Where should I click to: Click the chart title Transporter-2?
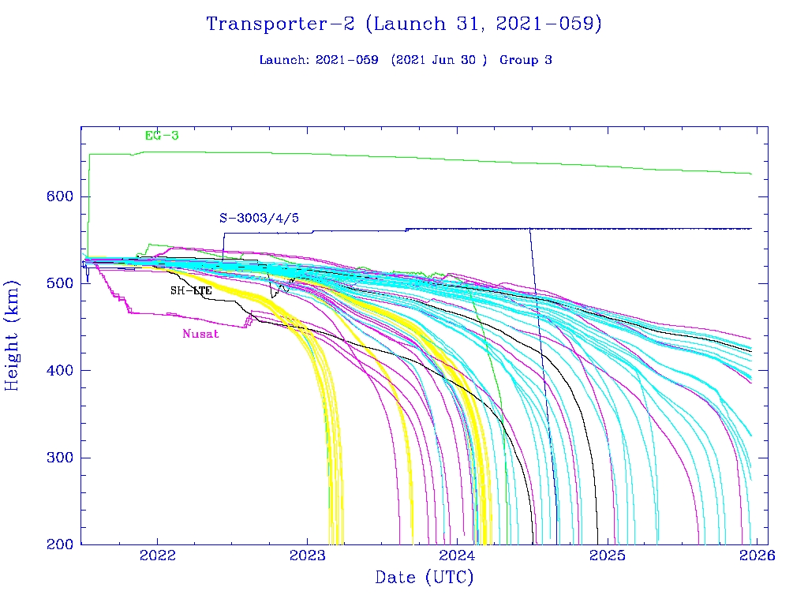(x=403, y=24)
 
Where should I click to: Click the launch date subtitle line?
(x=405, y=60)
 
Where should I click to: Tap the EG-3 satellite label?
(x=162, y=136)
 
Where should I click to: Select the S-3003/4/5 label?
(x=259, y=219)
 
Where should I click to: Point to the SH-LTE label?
(x=191, y=291)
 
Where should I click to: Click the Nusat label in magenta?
(x=200, y=334)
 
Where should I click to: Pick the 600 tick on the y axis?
(x=59, y=196)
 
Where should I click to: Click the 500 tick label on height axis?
(x=59, y=283)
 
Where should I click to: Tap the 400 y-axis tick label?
(x=59, y=371)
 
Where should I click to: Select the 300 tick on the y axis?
(x=59, y=458)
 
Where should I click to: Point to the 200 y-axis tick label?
(x=59, y=544)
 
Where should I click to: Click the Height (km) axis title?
(x=13, y=335)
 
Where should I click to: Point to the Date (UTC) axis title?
(x=425, y=578)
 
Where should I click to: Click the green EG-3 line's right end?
(x=750, y=174)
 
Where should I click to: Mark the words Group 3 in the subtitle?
(x=526, y=60)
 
